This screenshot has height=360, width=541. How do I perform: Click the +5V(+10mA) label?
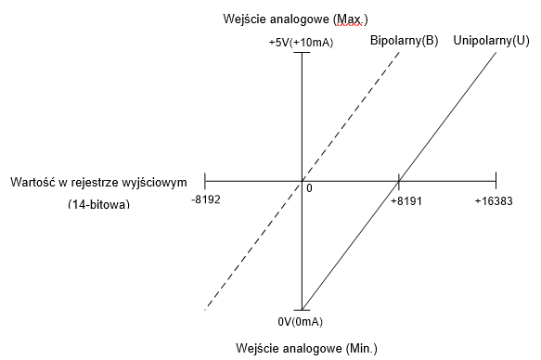click(x=301, y=43)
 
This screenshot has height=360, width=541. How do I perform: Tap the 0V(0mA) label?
click(x=300, y=322)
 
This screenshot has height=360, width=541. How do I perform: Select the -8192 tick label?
click(x=206, y=199)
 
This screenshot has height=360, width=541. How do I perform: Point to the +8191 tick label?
click(x=406, y=200)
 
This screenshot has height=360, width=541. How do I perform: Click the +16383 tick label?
click(x=494, y=200)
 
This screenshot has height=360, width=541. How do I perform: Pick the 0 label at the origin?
click(x=309, y=188)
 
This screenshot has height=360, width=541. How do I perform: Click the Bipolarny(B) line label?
click(x=404, y=40)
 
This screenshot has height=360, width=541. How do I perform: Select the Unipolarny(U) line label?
click(x=491, y=40)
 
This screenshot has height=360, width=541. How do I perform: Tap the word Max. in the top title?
click(x=350, y=19)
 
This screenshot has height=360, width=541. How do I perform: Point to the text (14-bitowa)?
click(x=99, y=204)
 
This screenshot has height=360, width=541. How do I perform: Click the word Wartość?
click(x=33, y=182)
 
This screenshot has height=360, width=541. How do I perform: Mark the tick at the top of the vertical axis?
click(x=302, y=52)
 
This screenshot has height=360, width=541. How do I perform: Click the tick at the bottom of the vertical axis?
click(x=302, y=310)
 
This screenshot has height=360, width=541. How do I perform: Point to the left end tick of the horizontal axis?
click(x=205, y=181)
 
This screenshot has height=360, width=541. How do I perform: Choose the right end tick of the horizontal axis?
click(x=496, y=181)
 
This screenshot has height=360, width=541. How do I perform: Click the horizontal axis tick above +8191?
click(x=399, y=181)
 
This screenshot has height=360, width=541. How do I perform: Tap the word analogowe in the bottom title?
click(x=313, y=348)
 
